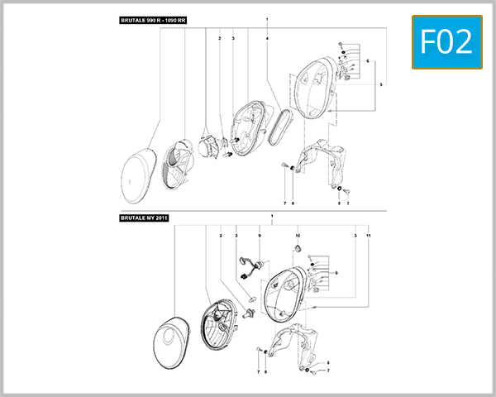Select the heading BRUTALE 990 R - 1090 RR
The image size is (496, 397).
(154, 19)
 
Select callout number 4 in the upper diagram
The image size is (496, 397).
(268, 38)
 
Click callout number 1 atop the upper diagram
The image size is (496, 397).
(268, 19)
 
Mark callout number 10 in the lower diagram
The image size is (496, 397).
(298, 237)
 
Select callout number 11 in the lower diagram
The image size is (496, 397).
(368, 237)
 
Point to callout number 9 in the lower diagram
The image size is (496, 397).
(259, 237)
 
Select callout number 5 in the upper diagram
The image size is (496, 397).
(381, 84)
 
